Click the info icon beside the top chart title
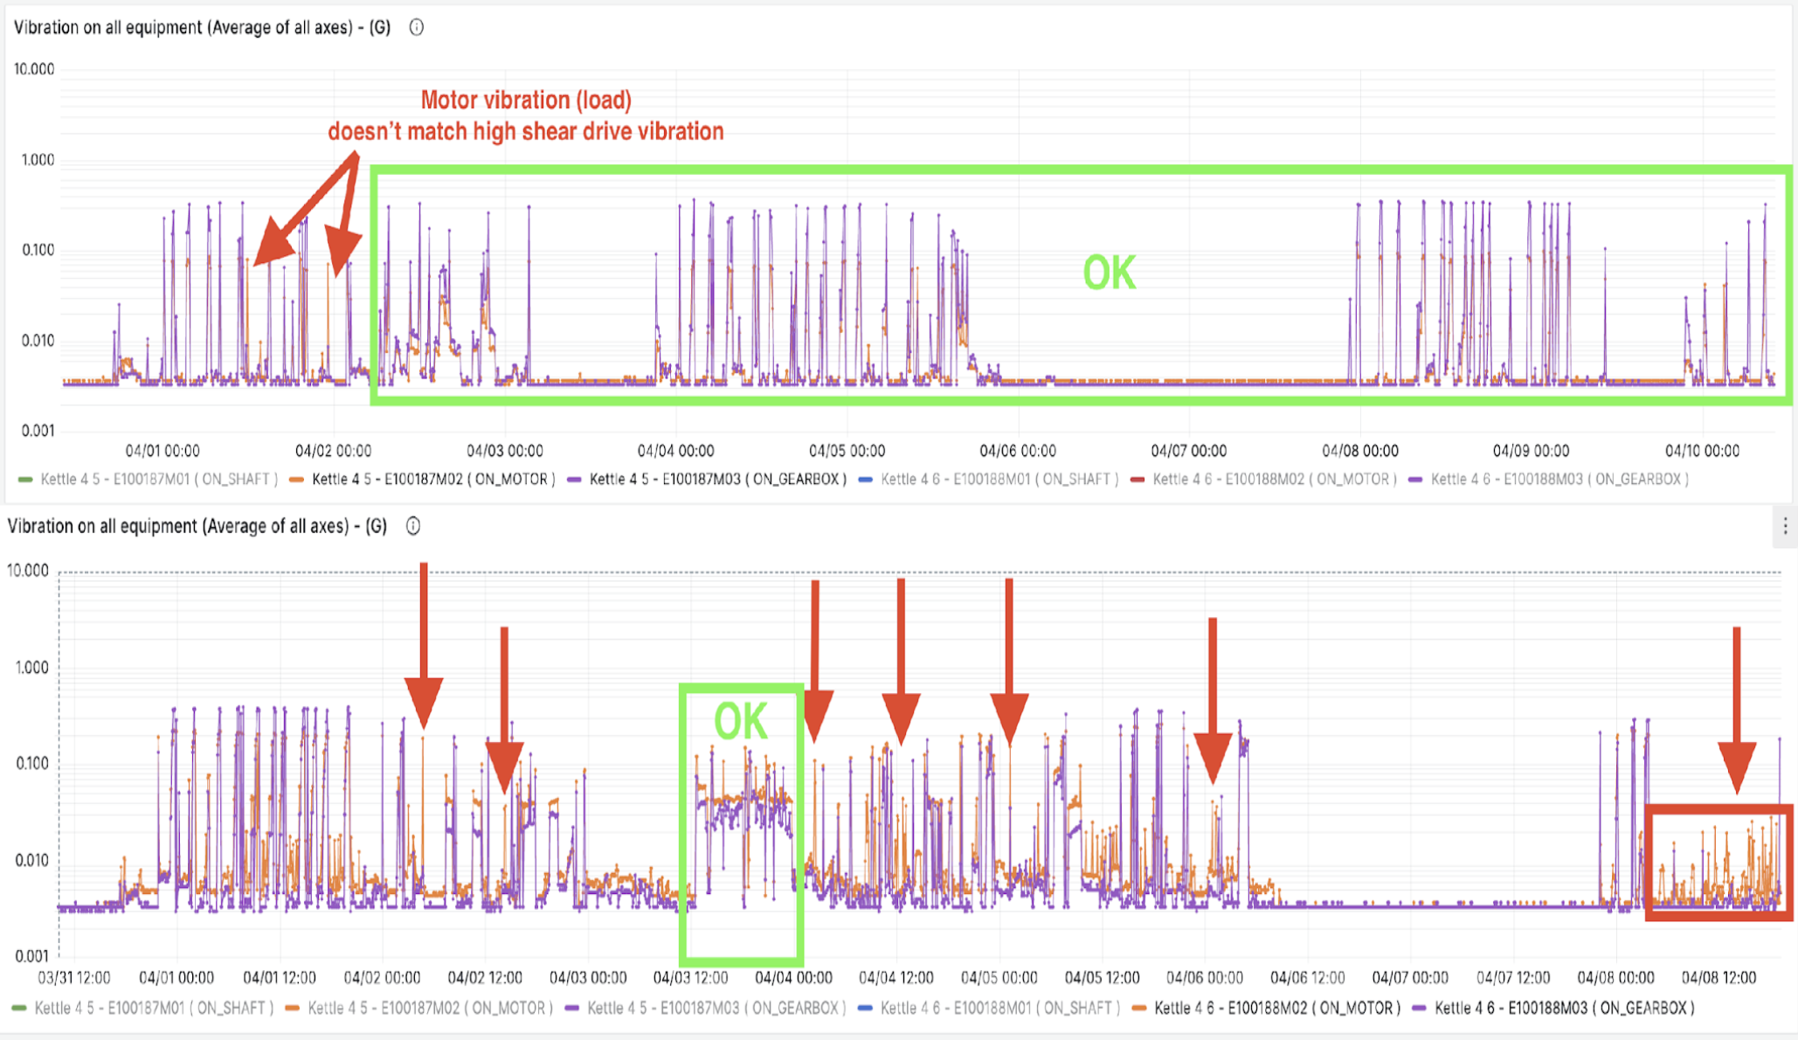point(417,27)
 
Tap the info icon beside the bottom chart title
point(413,526)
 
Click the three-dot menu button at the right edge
point(1785,526)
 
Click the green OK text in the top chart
point(1109,273)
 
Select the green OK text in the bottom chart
point(741,722)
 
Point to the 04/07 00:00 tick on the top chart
point(1188,451)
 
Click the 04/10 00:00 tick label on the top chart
point(1702,451)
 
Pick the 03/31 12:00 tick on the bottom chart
point(74,977)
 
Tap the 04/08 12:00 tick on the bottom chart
point(1718,977)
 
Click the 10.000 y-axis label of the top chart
point(34,69)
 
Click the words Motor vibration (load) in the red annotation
point(526,100)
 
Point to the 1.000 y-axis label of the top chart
point(37,160)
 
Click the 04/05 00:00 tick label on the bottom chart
point(999,977)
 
